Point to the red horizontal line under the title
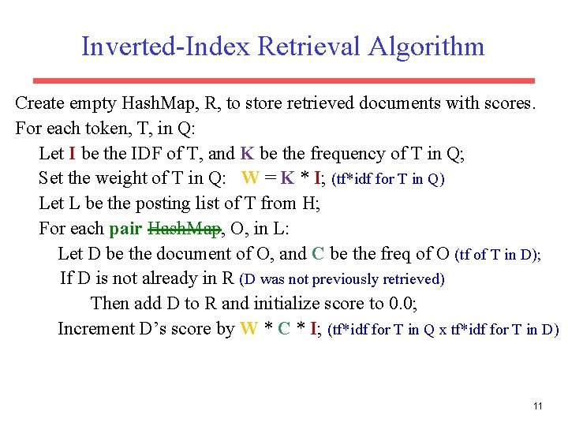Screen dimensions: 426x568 pyautogui.click(x=283, y=80)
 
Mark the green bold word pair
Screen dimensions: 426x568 pyautogui.click(x=126, y=229)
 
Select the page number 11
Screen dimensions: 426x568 pyautogui.click(x=538, y=406)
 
